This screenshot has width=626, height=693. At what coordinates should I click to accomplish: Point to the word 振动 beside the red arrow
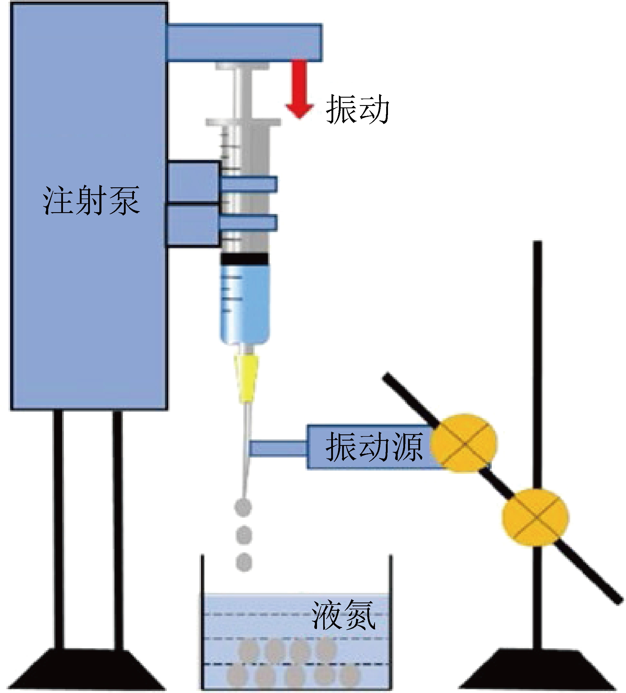[357, 109]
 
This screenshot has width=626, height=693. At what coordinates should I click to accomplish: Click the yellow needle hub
[246, 378]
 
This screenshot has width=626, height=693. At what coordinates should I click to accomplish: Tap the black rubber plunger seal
[244, 259]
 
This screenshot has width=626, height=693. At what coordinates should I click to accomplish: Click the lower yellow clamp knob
[535, 517]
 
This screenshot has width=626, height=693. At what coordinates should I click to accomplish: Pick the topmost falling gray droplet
[243, 508]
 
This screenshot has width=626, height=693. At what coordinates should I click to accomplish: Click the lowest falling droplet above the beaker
[244, 563]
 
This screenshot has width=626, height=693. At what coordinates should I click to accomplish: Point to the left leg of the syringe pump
[59, 529]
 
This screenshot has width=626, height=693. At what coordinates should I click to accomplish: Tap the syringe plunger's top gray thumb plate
[242, 66]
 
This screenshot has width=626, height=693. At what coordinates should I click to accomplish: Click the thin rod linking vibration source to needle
[278, 448]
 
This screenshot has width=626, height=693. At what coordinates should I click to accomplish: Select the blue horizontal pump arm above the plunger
[244, 42]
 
